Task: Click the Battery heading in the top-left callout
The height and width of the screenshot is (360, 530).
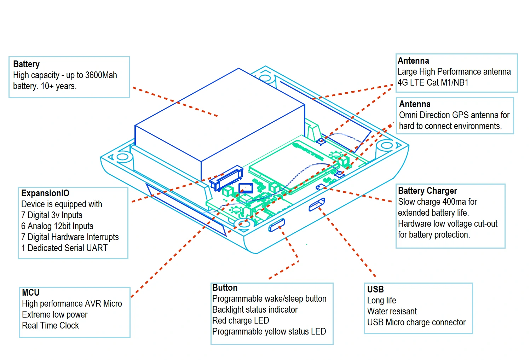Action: point(26,64)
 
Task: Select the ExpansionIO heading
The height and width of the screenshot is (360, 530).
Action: point(45,193)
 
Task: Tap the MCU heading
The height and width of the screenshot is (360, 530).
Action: point(31,293)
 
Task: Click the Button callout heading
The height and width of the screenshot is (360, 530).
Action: point(225,288)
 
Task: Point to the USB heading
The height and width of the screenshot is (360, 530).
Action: point(375,290)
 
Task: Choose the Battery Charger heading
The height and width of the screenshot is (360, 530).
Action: point(427,191)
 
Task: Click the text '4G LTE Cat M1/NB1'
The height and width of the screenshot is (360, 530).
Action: point(433,83)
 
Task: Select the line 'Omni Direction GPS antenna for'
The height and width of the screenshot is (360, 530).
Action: point(454,115)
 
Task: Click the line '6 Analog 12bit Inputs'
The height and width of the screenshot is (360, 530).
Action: point(57,226)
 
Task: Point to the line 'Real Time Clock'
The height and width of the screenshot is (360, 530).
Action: point(50,326)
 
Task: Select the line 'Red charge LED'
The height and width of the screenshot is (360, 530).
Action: point(241,321)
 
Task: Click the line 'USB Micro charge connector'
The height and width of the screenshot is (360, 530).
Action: point(416,323)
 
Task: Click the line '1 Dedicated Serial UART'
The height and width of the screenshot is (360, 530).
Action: point(64,248)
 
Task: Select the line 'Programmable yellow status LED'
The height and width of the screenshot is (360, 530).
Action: point(269,332)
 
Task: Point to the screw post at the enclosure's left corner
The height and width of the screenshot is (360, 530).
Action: point(123,157)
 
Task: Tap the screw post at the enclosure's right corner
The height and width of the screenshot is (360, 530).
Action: point(386,145)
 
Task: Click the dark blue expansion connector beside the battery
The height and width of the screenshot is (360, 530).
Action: point(226,177)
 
